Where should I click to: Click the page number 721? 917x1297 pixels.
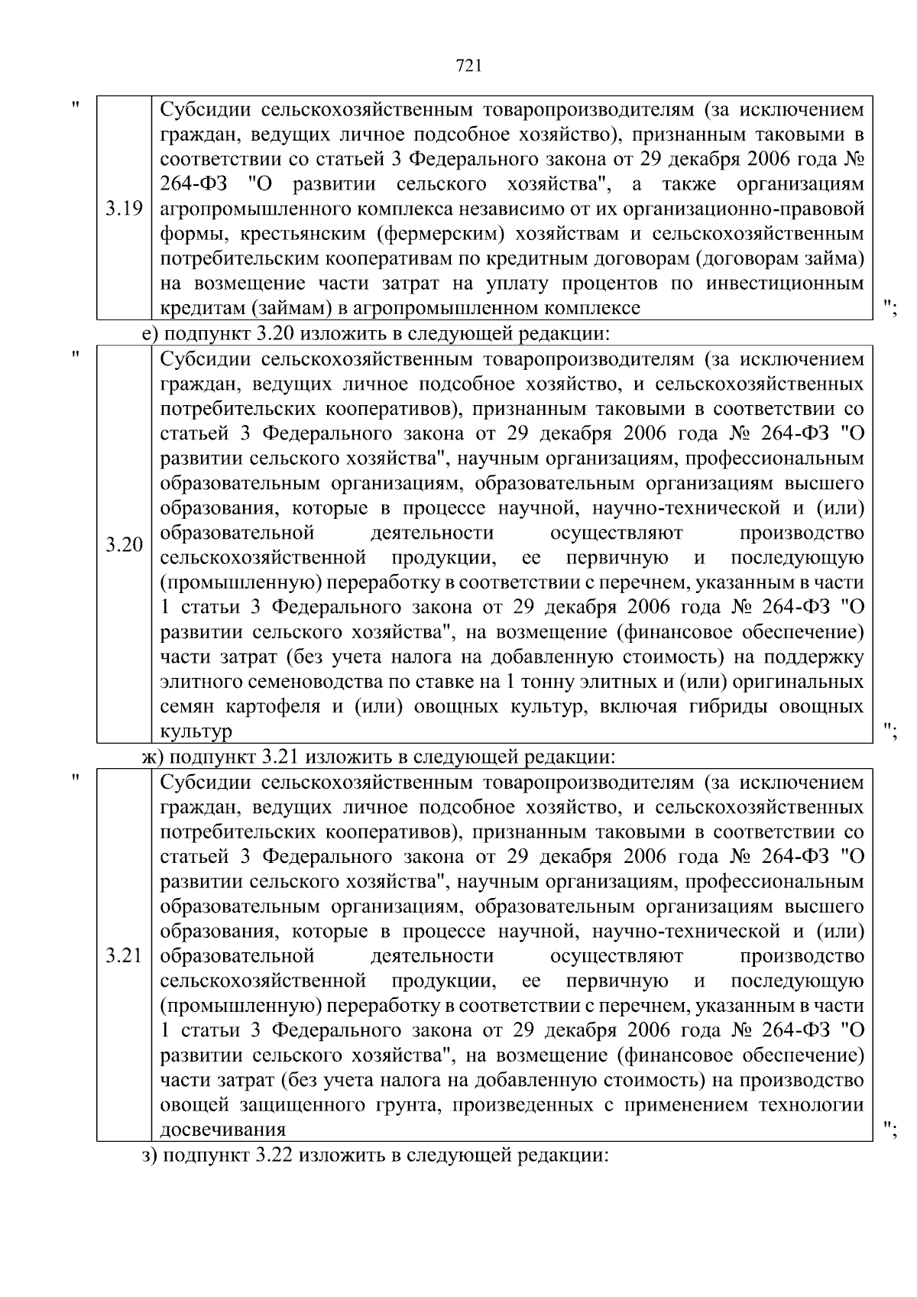pyautogui.click(x=468, y=66)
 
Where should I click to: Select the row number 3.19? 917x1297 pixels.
pyautogui.click(x=124, y=208)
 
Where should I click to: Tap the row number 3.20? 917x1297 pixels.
pyautogui.click(x=124, y=545)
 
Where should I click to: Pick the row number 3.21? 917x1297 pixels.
pyautogui.click(x=124, y=956)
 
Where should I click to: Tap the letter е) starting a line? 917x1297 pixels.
pyautogui.click(x=151, y=333)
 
